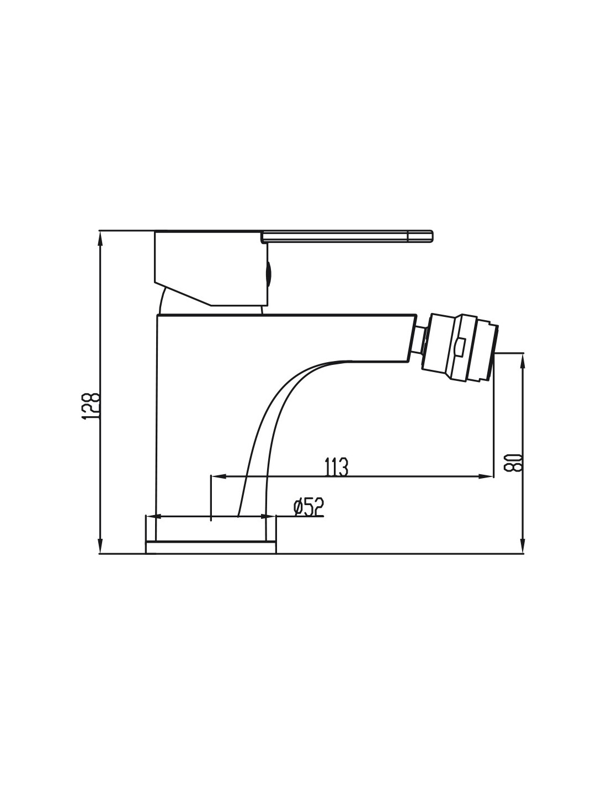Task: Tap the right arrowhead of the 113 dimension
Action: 484,476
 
